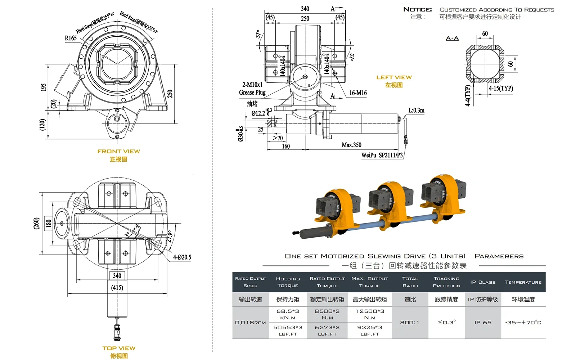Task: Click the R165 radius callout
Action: [71, 38]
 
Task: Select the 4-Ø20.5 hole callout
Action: [182, 257]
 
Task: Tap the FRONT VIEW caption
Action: [118, 152]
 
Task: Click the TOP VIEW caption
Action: [119, 348]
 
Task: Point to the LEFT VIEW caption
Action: [394, 77]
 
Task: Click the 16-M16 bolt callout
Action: [358, 93]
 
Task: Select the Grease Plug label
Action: [252, 93]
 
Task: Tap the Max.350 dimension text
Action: [351, 145]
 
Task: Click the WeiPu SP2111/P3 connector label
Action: [382, 155]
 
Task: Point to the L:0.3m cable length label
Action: [416, 111]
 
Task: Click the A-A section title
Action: [452, 39]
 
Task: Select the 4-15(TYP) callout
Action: [501, 88]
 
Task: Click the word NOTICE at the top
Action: [417, 9]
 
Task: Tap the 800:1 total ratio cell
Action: [410, 323]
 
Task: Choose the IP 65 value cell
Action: [483, 323]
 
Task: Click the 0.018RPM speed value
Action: [250, 323]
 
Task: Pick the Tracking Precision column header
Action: [446, 282]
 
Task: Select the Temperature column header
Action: [523, 282]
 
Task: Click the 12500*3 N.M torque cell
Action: [370, 314]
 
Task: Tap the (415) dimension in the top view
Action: [117, 288]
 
